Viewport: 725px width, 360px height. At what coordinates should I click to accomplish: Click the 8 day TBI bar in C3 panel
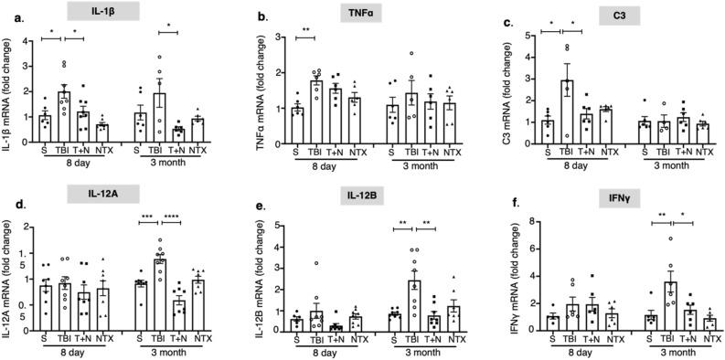[570, 110]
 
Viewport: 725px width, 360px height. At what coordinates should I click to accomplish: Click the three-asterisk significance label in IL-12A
[147, 217]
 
